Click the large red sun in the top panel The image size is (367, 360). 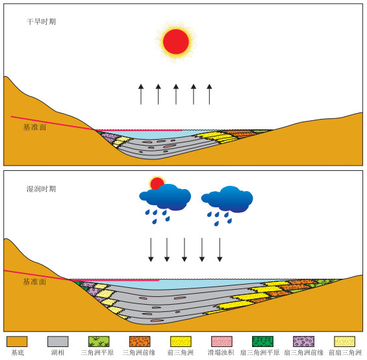pos(176,42)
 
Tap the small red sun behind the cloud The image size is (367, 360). pos(157,183)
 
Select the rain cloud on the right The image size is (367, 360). pos(227,199)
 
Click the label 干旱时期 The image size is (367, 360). pos(41,22)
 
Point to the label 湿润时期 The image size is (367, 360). pos(41,189)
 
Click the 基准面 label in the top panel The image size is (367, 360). pos(34,127)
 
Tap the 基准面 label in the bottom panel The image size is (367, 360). pos(34,282)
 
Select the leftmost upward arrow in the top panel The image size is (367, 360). pos(141,94)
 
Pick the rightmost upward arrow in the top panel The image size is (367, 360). pos(209,94)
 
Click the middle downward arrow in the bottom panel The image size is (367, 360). pos(184,250)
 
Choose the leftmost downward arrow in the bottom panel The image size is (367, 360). pos(151,250)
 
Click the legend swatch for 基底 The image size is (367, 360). pos(17,342)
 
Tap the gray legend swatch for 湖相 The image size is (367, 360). pos(58,342)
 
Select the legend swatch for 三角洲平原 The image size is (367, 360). pos(99,342)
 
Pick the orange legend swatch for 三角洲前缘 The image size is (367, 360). pos(140,342)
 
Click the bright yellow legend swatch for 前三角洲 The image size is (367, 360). pos(181,342)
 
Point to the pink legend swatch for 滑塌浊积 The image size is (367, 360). pos(221,342)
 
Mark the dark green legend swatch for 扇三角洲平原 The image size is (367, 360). pos(262,342)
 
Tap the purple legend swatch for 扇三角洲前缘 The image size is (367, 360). pos(303,342)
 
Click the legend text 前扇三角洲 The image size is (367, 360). pos(345,352)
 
